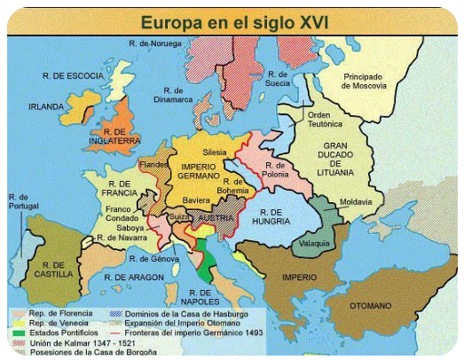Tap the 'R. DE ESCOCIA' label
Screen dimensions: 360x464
pyautogui.click(x=53, y=76)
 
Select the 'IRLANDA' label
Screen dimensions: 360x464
pyautogui.click(x=46, y=106)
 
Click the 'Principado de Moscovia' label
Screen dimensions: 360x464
pyautogui.click(x=365, y=81)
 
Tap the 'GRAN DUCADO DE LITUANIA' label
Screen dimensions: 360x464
pyautogui.click(x=338, y=159)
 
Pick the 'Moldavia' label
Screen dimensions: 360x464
pyautogui.click(x=356, y=201)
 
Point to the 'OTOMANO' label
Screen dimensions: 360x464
pyautogui.click(x=369, y=306)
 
